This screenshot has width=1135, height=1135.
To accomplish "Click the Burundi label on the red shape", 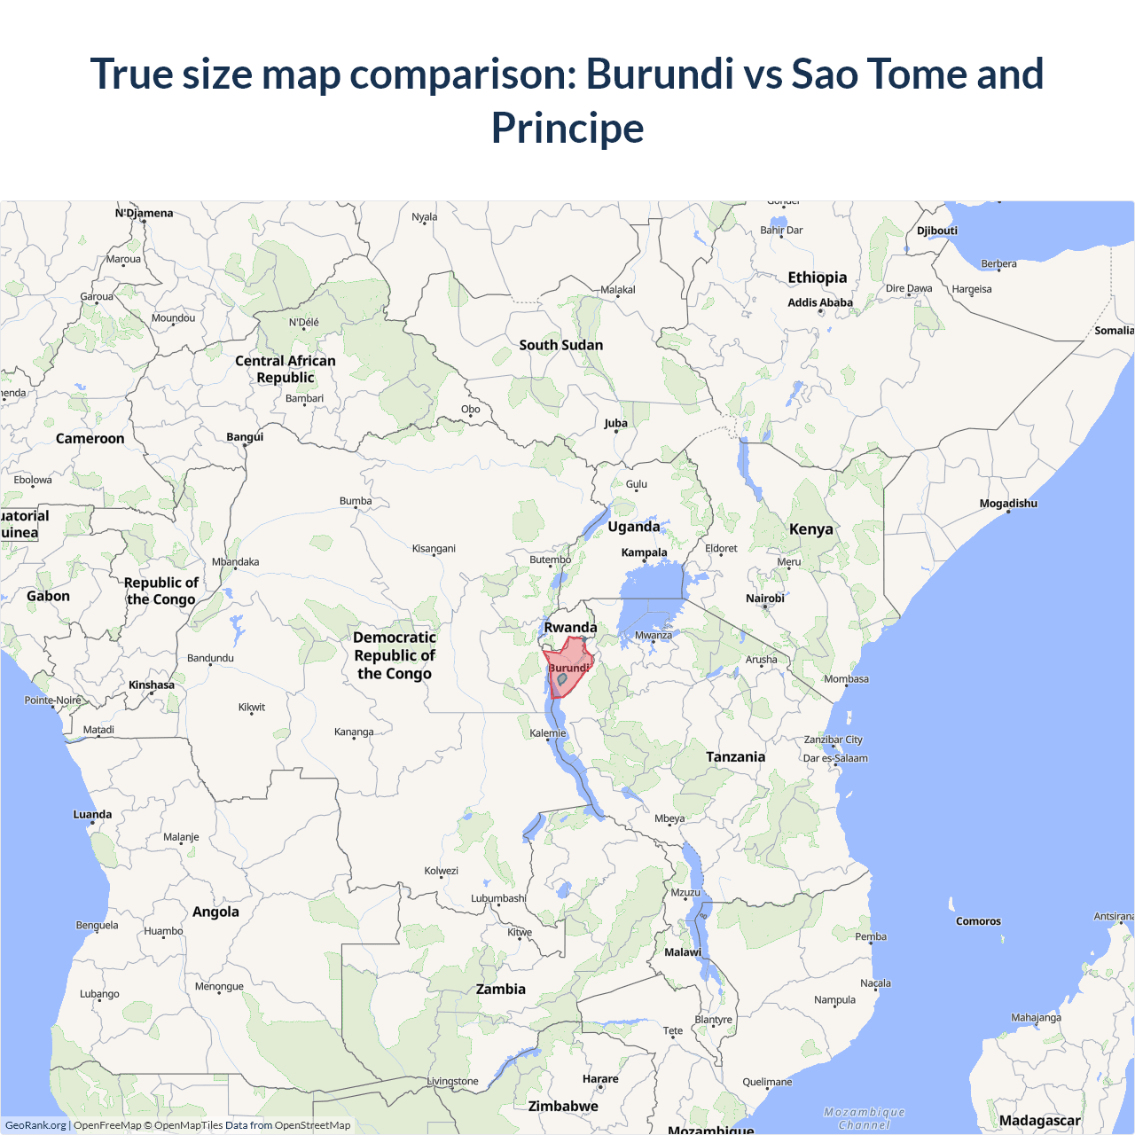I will click(568, 668).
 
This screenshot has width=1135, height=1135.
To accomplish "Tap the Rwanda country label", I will click(570, 628).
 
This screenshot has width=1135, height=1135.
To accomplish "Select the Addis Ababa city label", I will click(820, 302).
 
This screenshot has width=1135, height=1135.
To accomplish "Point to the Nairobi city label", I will click(765, 599).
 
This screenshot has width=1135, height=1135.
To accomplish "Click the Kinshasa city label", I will click(152, 685).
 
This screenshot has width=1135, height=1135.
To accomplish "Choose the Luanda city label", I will click(92, 814).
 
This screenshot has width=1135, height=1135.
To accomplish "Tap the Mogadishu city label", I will click(1008, 504).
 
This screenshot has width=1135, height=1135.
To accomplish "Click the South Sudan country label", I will click(561, 345).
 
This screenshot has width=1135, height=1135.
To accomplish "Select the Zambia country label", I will click(501, 989).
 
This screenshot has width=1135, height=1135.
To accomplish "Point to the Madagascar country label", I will click(1040, 1121).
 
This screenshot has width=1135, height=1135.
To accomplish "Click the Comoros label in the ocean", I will click(978, 921).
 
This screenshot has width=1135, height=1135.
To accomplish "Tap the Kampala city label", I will click(644, 552).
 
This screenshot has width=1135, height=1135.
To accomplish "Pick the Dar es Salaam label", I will click(835, 758).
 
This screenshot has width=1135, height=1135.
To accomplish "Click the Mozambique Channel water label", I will click(865, 1118).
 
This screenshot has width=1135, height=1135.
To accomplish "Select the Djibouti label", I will click(937, 231).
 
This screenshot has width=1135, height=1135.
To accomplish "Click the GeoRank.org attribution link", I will click(35, 1125).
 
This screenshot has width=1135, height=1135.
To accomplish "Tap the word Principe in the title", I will click(567, 128).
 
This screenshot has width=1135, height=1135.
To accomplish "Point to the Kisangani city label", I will click(434, 549).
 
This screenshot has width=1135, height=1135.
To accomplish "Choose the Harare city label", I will click(600, 1079).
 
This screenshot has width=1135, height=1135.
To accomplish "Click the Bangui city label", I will click(245, 437).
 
